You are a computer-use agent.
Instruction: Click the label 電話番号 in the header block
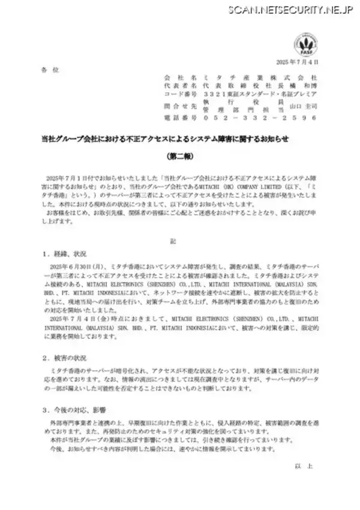[176, 118]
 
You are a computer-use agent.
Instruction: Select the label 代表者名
[176, 87]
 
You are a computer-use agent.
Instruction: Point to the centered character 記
[179, 240]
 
